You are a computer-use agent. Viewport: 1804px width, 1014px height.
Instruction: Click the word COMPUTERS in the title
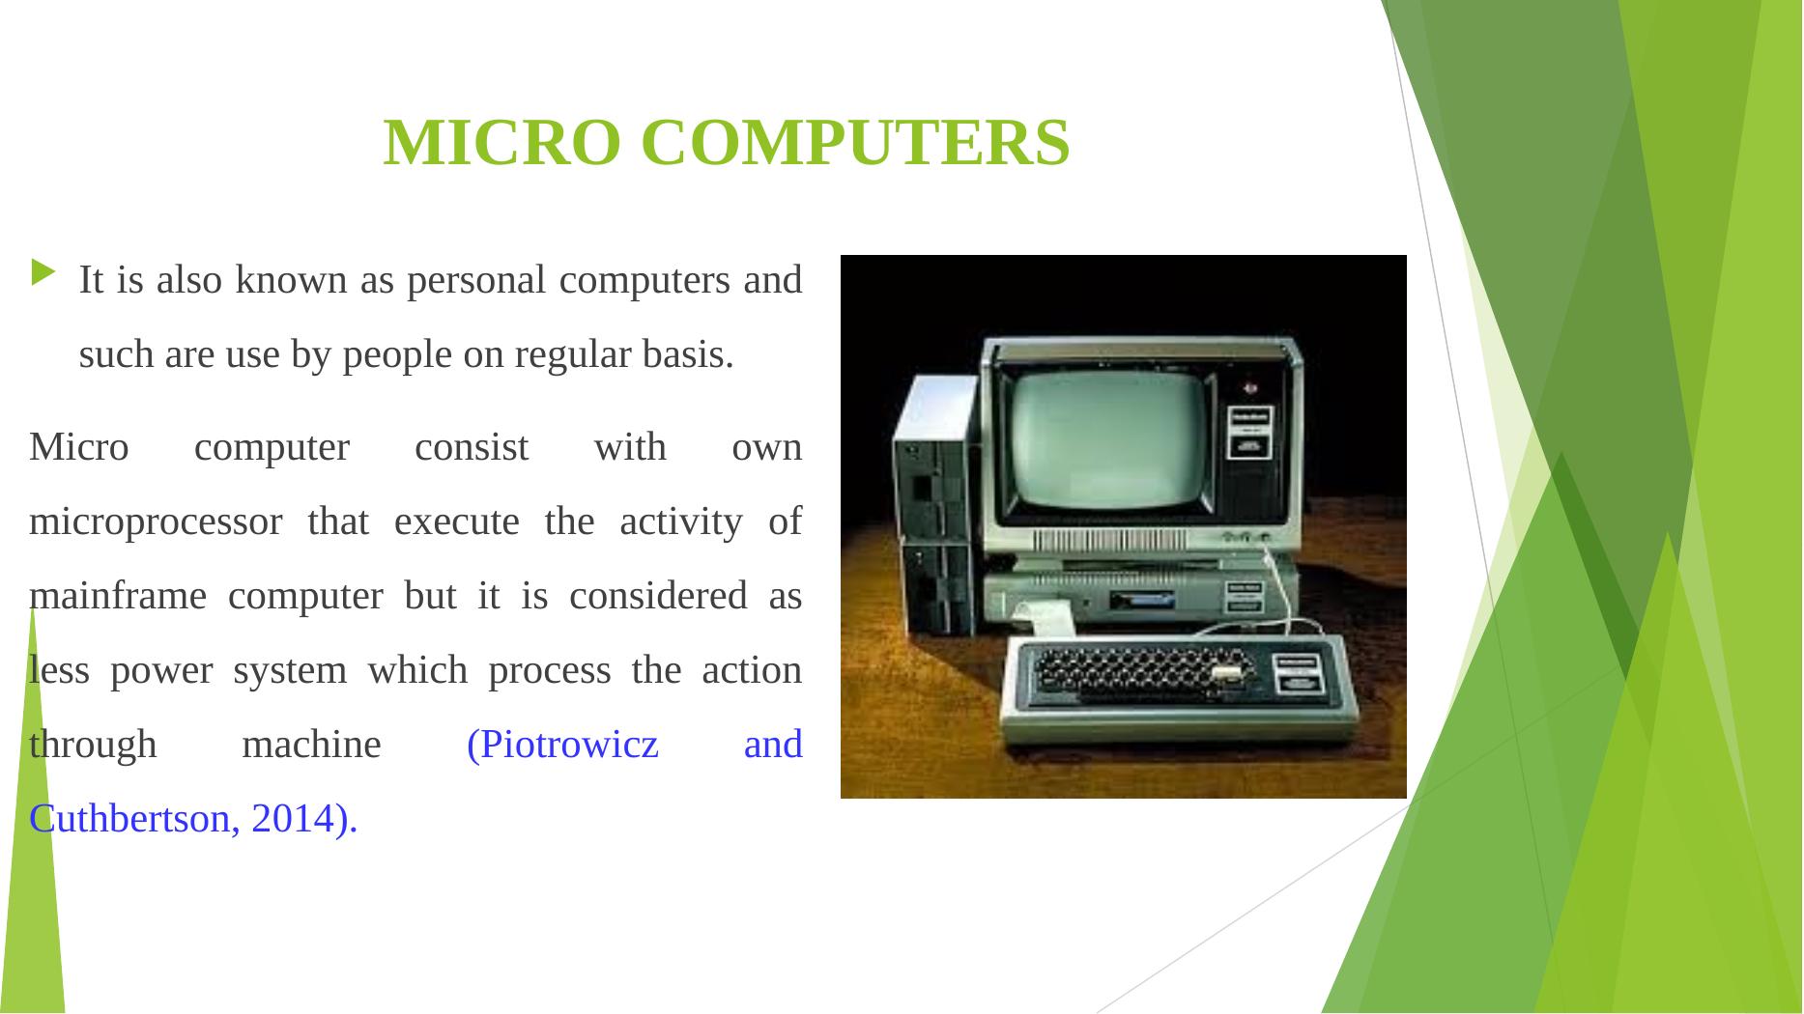coord(855,143)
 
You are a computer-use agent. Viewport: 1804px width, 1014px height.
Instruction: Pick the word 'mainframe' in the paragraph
coord(118,596)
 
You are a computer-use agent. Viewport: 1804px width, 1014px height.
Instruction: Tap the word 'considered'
coord(658,596)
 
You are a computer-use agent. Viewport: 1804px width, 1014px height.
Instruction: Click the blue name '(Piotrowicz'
coord(562,746)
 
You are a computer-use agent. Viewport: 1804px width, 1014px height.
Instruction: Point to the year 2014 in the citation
coord(289,819)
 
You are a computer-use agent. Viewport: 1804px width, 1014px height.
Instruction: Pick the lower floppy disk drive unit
coord(937,588)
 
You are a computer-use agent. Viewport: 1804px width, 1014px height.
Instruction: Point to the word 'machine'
coord(311,746)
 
